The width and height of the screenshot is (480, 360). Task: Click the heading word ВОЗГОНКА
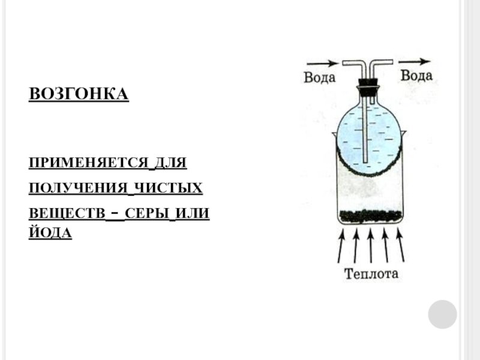coord(79,94)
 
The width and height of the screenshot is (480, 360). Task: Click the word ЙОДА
coord(50,233)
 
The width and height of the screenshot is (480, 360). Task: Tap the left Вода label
coord(319,78)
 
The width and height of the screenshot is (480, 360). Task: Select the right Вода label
coord(416,76)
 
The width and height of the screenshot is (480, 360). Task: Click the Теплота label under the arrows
coord(371,275)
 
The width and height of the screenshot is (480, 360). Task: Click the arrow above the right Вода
coord(414,61)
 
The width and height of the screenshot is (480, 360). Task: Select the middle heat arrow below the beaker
coord(370,245)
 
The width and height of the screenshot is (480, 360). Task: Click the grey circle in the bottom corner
coord(442,314)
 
